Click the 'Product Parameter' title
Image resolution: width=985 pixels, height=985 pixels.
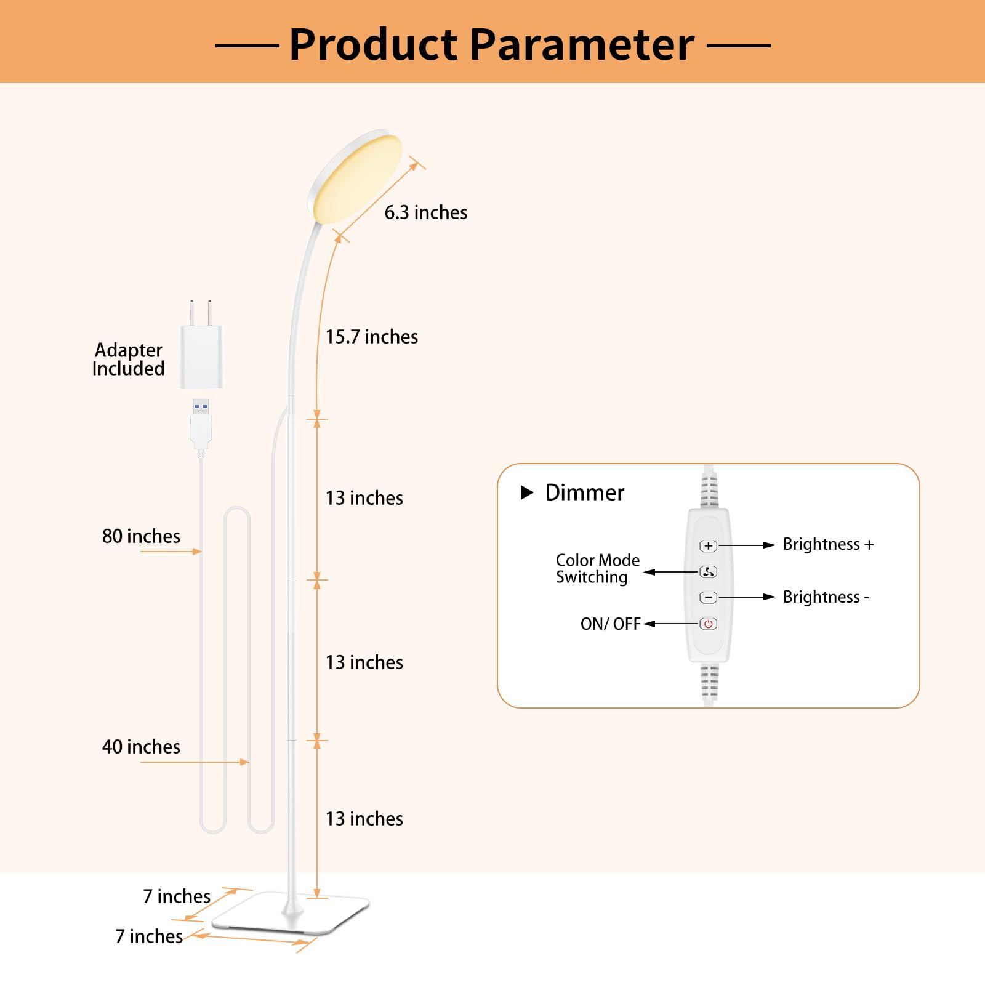click(492, 44)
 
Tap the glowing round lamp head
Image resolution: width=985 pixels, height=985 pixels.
click(355, 176)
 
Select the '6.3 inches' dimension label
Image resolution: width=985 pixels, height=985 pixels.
click(426, 212)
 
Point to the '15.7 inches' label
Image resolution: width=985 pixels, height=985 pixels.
click(372, 337)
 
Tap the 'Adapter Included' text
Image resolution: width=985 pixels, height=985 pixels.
click(128, 359)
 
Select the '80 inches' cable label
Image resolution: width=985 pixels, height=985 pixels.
click(141, 536)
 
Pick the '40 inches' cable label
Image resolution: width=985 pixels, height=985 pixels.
click(141, 747)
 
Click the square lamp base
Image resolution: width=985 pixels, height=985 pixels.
click(290, 913)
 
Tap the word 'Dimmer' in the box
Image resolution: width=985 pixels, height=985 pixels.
click(585, 492)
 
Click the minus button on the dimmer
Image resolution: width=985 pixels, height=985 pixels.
click(708, 597)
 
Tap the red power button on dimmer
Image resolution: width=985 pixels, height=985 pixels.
click(708, 624)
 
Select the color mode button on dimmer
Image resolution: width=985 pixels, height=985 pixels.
click(708, 572)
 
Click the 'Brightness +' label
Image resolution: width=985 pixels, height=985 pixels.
click(828, 544)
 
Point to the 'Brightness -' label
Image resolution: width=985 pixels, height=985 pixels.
click(826, 597)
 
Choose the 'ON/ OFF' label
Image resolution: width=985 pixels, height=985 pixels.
click(611, 624)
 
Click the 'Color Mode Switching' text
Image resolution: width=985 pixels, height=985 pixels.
click(598, 568)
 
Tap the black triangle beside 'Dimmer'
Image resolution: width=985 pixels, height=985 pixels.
click(527, 492)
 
